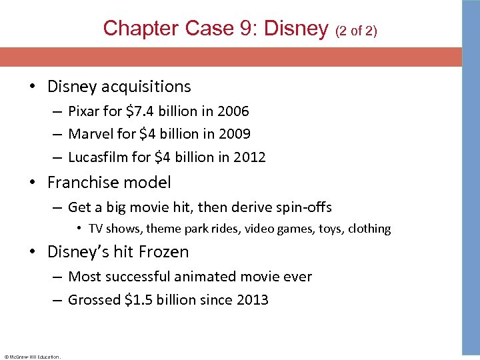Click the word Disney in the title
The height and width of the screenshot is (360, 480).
coord(297,29)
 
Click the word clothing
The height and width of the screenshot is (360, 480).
coord(370,229)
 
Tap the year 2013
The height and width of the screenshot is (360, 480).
coord(252,300)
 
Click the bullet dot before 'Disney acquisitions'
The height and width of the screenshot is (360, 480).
coord(33,87)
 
